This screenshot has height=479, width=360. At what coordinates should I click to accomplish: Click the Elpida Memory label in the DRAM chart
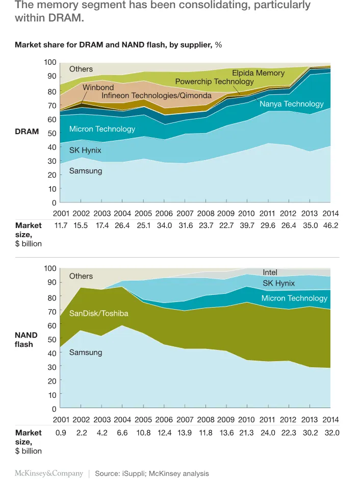coord(258,73)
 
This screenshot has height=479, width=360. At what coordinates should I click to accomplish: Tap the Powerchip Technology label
coord(214,82)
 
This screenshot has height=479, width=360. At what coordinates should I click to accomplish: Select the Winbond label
coord(98,87)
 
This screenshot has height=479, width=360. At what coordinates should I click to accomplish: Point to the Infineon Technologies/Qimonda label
coord(156,96)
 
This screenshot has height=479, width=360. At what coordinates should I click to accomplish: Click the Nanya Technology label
coord(291,104)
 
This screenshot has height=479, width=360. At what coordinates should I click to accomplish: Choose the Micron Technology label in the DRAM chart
coord(102,129)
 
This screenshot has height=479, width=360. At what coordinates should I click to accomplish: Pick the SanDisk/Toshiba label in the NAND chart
coord(98,313)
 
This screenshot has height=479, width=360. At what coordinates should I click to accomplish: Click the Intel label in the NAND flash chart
coord(270,272)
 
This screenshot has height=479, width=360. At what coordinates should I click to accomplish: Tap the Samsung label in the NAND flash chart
coord(86,352)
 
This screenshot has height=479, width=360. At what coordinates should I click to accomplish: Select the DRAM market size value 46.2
coord(330,225)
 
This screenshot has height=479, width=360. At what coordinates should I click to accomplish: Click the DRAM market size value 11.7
coord(61,225)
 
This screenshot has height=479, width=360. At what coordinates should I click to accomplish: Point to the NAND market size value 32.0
coord(330,433)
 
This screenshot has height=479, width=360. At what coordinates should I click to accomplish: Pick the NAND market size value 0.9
coord(61,433)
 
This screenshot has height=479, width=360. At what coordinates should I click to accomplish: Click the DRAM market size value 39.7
coord(246,225)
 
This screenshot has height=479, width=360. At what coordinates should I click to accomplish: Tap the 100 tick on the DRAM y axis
coord(49,62)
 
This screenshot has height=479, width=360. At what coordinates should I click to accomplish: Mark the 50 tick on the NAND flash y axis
coord(52,339)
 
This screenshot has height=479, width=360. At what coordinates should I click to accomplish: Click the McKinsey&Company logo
coord(48,473)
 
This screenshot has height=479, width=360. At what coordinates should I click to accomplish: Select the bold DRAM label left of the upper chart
coord(27,132)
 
